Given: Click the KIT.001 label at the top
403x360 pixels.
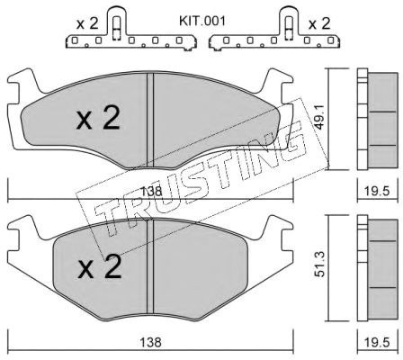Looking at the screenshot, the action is [202, 22].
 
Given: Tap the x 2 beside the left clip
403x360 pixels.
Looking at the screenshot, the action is [87, 23].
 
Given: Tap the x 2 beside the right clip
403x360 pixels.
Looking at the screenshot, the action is [319, 23].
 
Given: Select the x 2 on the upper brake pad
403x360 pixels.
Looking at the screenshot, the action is [98, 119].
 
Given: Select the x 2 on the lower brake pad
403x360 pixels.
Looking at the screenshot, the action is [100, 266].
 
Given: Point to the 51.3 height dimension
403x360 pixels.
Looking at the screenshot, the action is [321, 265].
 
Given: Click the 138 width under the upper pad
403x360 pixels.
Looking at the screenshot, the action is [151, 191].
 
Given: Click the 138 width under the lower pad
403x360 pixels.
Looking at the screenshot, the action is [151, 342].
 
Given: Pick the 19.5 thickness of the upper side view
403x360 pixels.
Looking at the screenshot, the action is [377, 191].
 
